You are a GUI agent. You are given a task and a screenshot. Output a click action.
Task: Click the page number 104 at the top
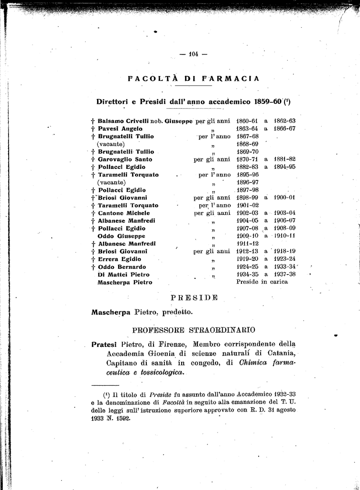[x=193, y=54]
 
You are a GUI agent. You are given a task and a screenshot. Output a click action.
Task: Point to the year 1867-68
[x=247, y=136]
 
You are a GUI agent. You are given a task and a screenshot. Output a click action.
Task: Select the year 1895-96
[x=247, y=175]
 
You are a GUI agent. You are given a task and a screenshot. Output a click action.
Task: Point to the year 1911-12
[x=247, y=244]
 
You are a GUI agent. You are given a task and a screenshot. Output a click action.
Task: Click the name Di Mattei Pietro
[x=123, y=275]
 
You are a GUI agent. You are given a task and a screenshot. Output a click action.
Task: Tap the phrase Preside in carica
[x=262, y=282]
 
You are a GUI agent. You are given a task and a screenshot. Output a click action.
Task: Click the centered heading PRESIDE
[x=194, y=298]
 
